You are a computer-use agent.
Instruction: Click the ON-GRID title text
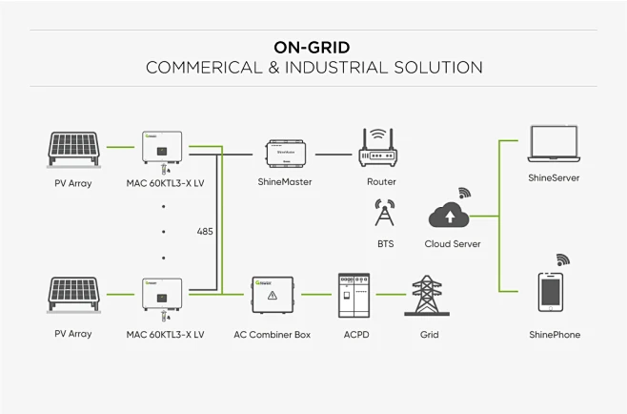tap(312, 47)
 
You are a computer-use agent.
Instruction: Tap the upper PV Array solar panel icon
tap(73, 149)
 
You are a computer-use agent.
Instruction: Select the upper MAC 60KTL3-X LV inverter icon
tap(164, 149)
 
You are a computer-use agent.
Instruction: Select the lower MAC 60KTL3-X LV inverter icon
tap(164, 294)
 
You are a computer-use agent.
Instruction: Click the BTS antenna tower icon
tap(385, 215)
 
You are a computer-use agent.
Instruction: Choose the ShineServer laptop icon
tap(555, 144)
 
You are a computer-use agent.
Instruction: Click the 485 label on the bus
tap(204, 231)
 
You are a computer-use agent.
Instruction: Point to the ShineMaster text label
tap(285, 181)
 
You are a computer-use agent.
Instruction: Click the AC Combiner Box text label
tap(273, 335)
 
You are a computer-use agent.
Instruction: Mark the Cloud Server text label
tap(453, 244)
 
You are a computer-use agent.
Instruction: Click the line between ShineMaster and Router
tap(334, 153)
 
